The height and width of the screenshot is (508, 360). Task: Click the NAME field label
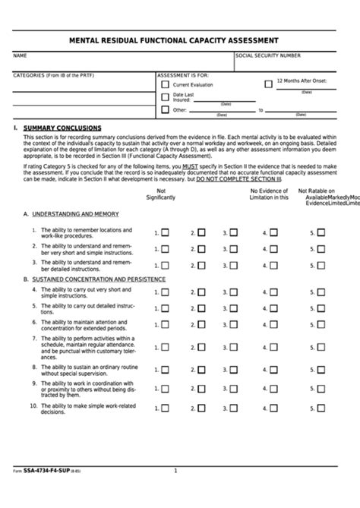click(20, 56)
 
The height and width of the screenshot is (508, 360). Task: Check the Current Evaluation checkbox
click(165, 85)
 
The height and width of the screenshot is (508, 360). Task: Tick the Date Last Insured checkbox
click(165, 96)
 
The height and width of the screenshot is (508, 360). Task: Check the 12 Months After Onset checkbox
click(268, 84)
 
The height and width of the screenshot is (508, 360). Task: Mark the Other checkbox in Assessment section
click(165, 110)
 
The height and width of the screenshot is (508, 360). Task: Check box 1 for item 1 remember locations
click(165, 233)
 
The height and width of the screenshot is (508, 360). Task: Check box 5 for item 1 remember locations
click(321, 233)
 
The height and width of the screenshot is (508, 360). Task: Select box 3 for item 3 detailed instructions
click(234, 265)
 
